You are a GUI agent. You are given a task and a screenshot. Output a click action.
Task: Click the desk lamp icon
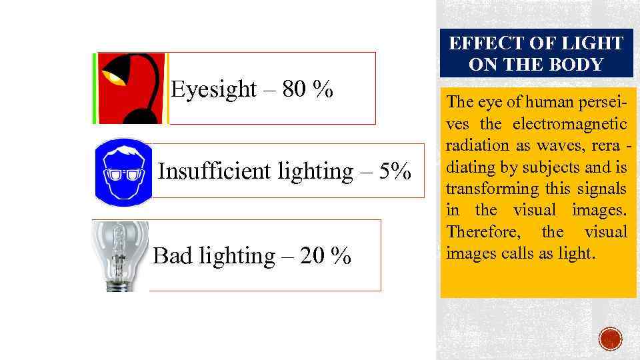(131, 89)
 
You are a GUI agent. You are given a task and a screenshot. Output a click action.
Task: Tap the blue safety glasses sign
(124, 171)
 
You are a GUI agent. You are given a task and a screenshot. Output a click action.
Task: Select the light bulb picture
(121, 256)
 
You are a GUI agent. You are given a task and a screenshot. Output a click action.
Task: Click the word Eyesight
(213, 89)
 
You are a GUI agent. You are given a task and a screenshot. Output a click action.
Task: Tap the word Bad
(172, 256)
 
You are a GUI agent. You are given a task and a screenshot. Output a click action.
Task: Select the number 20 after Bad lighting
(313, 256)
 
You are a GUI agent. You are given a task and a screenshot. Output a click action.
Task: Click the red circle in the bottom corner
(609, 339)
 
